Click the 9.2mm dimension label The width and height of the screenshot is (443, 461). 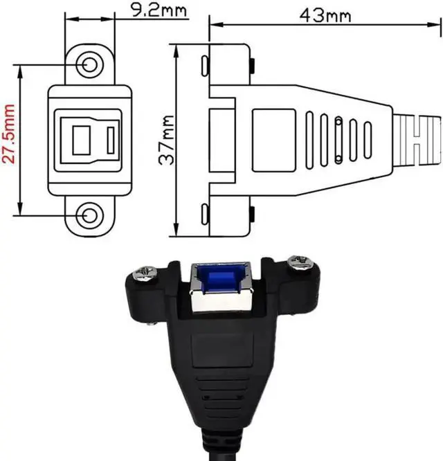[159, 10]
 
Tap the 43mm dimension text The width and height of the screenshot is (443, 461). [325, 16]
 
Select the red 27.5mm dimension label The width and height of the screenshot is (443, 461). [8, 134]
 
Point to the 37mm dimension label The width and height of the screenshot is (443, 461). [167, 140]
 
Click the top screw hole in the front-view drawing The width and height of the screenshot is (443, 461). [90, 64]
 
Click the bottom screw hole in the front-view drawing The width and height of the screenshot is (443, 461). [90, 216]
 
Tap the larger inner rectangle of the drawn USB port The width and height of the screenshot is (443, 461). [82, 141]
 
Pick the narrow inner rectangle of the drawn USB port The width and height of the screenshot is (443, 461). [111, 141]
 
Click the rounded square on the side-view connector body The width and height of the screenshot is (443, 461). [273, 141]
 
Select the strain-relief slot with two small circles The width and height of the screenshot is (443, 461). [338, 140]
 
